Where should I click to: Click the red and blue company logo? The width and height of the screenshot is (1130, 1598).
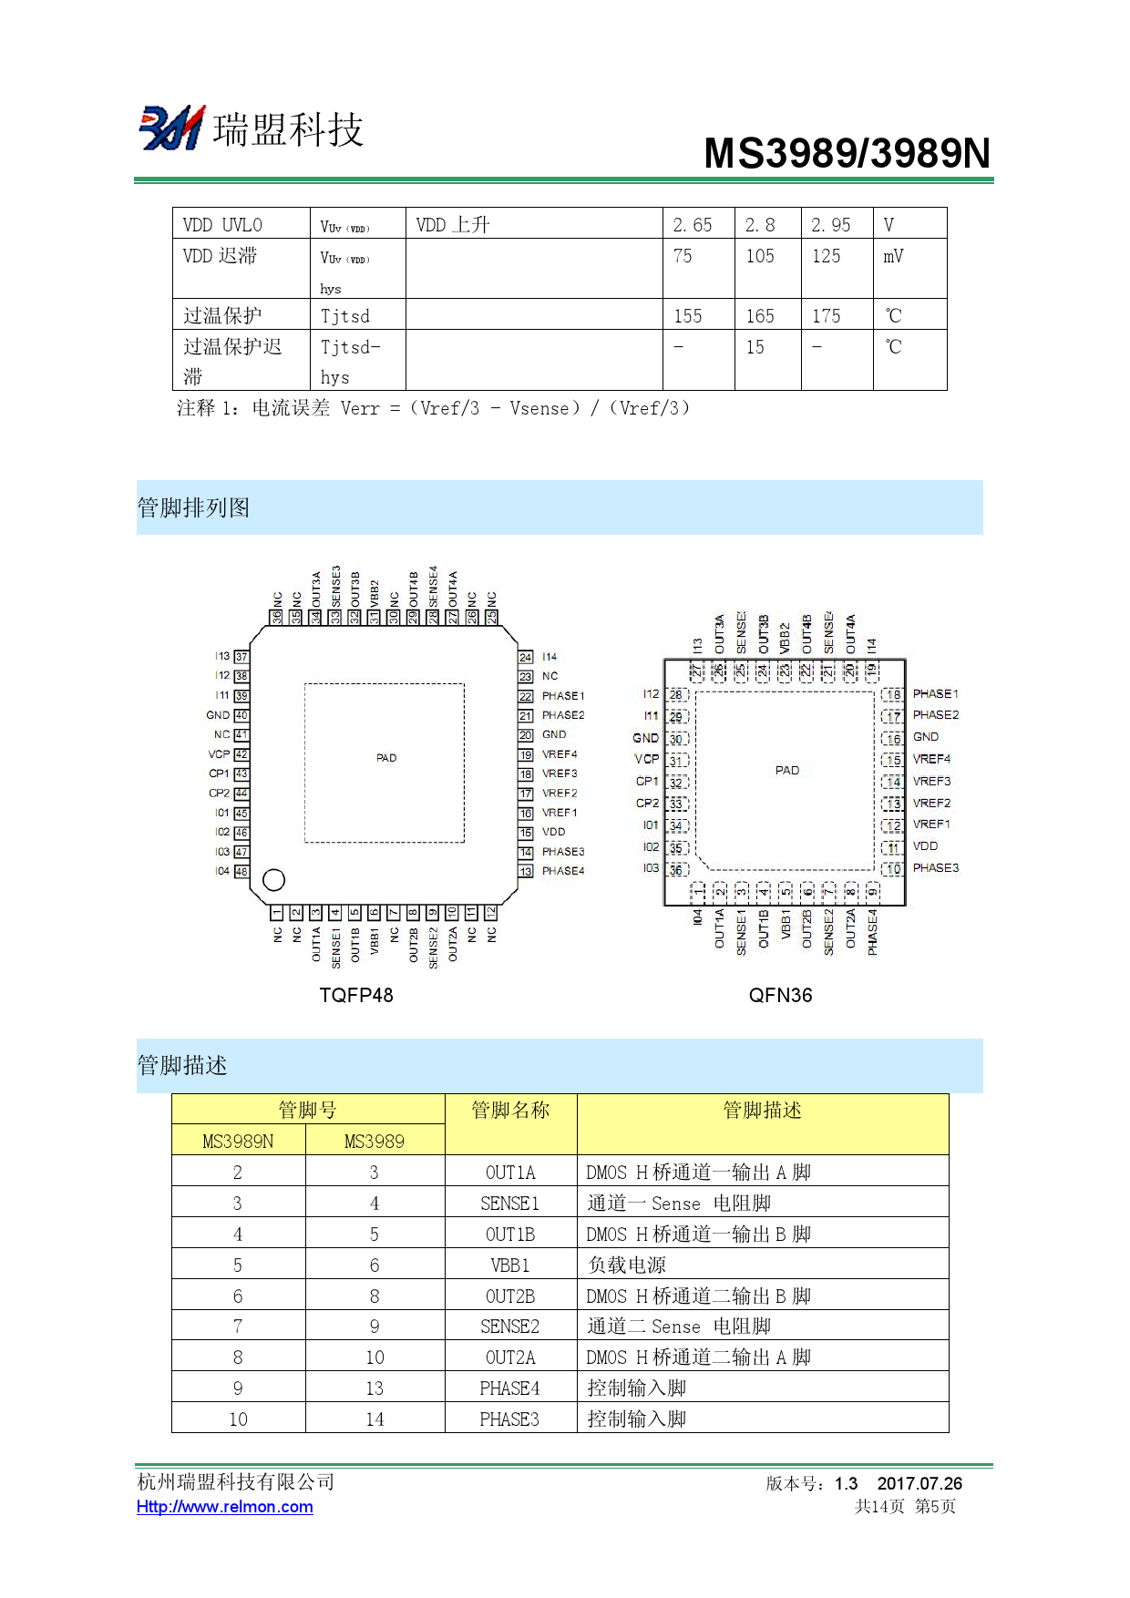click(x=171, y=128)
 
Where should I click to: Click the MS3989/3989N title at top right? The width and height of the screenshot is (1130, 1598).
click(x=847, y=153)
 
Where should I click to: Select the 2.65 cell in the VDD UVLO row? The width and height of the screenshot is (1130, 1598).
click(x=693, y=225)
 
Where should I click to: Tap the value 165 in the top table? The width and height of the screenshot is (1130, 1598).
click(x=760, y=316)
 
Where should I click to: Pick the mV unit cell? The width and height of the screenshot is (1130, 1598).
click(x=893, y=257)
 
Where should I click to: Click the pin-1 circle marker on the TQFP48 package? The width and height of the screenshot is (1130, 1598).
click(x=273, y=879)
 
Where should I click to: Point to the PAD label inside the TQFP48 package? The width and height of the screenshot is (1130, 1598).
click(x=386, y=758)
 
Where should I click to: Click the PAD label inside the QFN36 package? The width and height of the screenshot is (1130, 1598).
click(x=787, y=771)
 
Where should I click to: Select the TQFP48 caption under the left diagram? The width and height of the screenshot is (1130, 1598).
click(x=356, y=995)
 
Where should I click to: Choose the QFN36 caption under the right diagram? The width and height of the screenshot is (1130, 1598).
click(x=780, y=995)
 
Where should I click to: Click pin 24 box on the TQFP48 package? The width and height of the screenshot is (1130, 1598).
click(x=526, y=657)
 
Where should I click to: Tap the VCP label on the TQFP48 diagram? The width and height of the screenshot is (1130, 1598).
click(x=219, y=754)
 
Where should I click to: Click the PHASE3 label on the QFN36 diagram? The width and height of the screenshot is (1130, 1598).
click(x=936, y=868)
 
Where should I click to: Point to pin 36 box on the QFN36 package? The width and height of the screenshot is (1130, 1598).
click(x=676, y=870)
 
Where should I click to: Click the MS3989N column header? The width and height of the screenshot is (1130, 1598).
click(x=238, y=1142)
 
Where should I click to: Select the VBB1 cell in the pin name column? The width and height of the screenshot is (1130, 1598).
click(x=510, y=1265)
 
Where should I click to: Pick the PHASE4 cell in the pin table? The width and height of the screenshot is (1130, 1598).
click(x=510, y=1388)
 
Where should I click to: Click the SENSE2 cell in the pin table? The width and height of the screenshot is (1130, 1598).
click(x=510, y=1327)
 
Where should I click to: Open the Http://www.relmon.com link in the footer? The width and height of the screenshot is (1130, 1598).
click(x=225, y=1507)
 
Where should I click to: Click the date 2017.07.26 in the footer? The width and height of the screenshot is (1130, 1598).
click(x=919, y=1484)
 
